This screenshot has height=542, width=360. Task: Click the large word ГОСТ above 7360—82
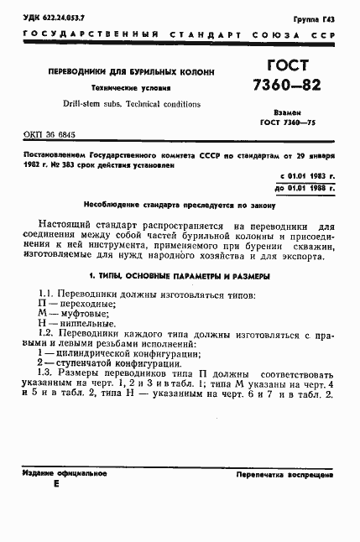pos(289,67)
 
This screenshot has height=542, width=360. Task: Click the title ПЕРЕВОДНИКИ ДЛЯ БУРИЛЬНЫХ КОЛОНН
pos(117,71)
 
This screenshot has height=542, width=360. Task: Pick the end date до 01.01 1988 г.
pos(305,188)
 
